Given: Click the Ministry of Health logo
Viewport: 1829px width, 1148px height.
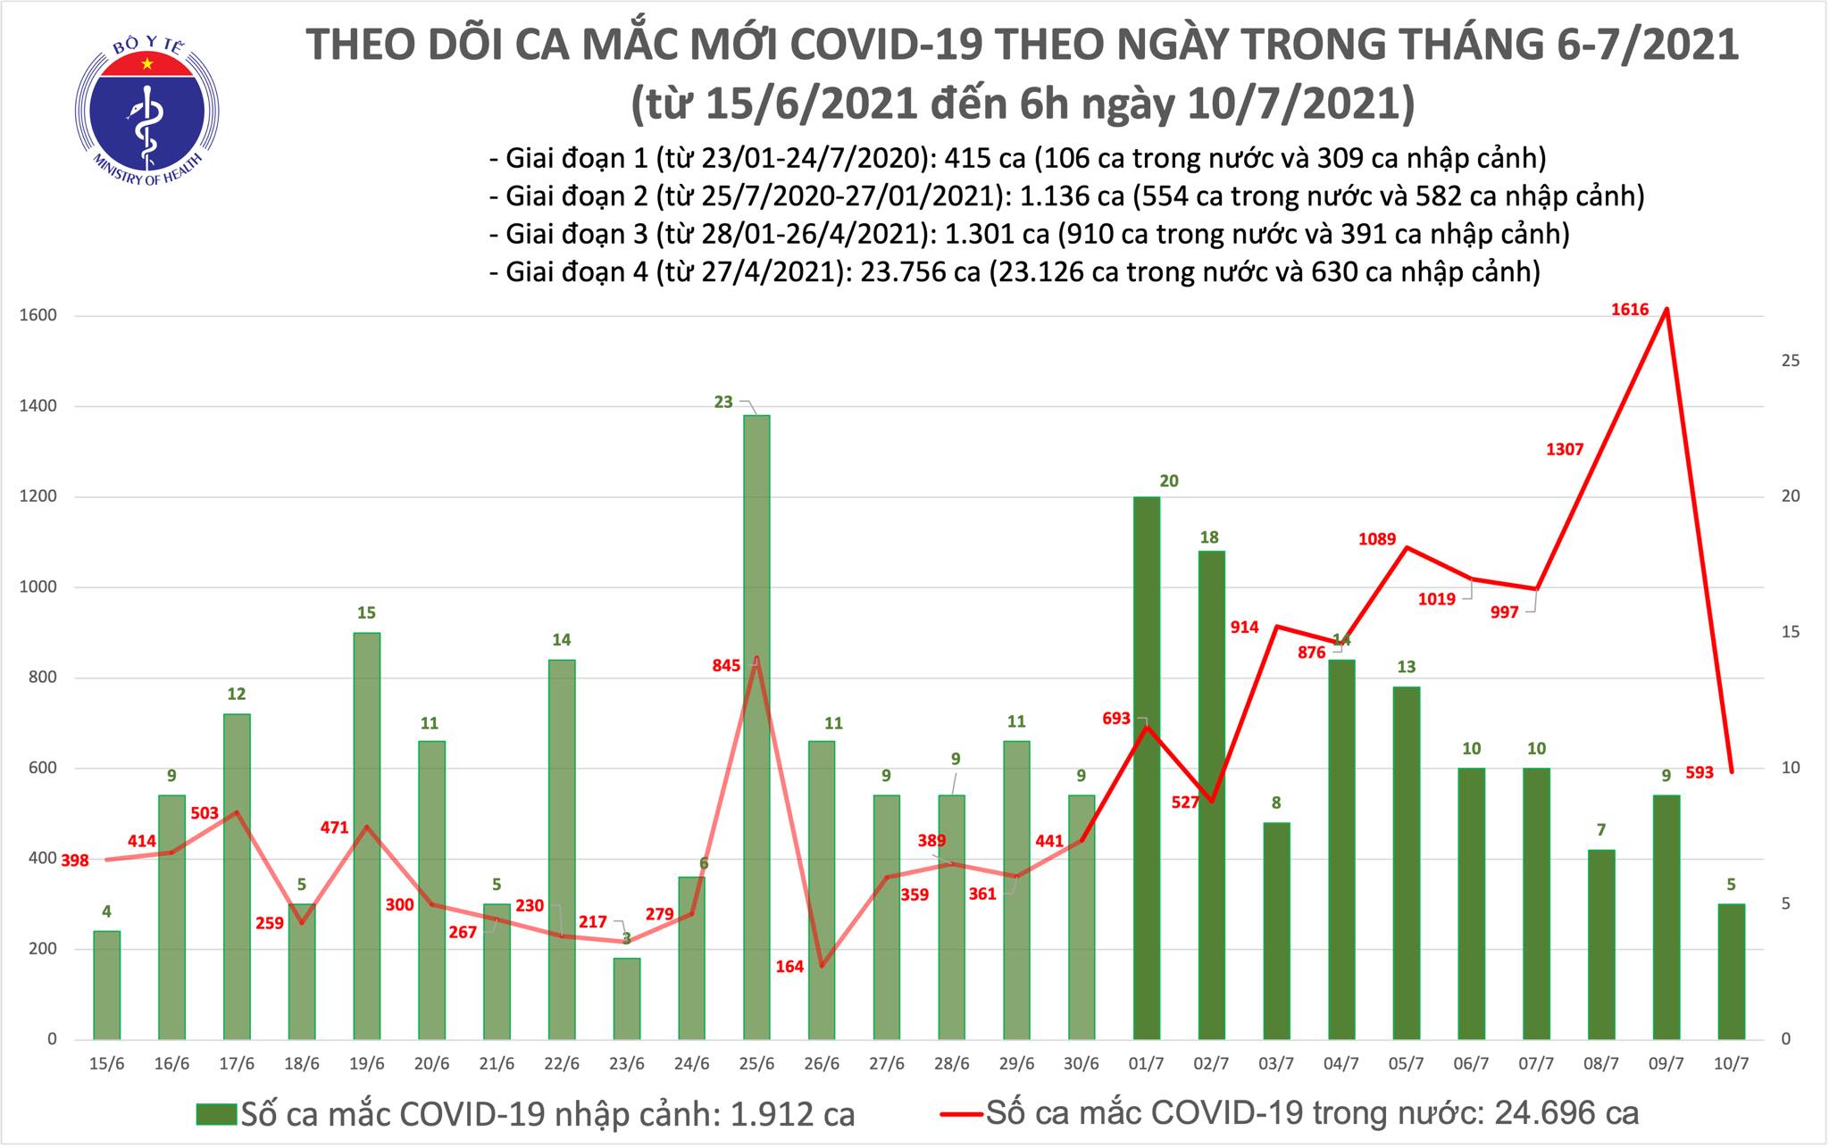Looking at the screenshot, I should [x=146, y=110].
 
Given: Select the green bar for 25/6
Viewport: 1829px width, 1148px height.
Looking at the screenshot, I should [x=756, y=727].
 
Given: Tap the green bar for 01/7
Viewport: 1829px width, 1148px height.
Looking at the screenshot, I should [x=1147, y=768].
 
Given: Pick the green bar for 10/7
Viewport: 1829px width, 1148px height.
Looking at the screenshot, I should [x=1732, y=971].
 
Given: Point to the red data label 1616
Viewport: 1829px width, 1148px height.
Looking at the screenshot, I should [x=1630, y=310].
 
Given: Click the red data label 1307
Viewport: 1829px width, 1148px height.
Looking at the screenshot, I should [x=1565, y=449].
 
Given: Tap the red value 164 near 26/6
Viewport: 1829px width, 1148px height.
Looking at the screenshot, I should [x=789, y=966].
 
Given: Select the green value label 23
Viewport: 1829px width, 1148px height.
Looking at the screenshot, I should [x=723, y=403].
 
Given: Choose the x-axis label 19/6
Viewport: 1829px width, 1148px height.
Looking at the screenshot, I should [x=367, y=1064].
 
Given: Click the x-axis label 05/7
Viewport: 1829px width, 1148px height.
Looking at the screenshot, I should [x=1407, y=1064].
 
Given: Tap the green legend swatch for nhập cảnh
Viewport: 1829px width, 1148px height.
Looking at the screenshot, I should [x=216, y=1113].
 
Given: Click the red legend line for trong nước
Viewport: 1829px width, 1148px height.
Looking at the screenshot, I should [x=961, y=1113].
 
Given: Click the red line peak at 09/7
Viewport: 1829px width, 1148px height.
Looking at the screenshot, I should [x=1666, y=309].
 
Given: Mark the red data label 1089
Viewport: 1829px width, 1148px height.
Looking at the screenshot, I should [x=1376, y=538].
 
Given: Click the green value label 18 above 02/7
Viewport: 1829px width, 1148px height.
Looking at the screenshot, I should [x=1209, y=537].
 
